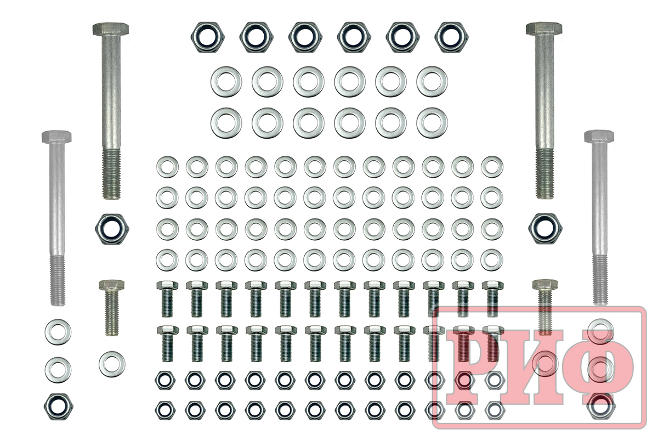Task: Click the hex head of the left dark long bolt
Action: tap(110, 29)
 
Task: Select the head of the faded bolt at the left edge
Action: tap(56, 137)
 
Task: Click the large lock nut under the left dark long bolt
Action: tap(112, 229)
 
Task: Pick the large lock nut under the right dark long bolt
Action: tap(545, 229)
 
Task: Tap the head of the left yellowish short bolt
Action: tap(112, 285)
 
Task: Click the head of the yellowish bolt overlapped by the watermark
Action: tap(545, 284)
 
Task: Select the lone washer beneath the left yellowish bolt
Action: tap(112, 364)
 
